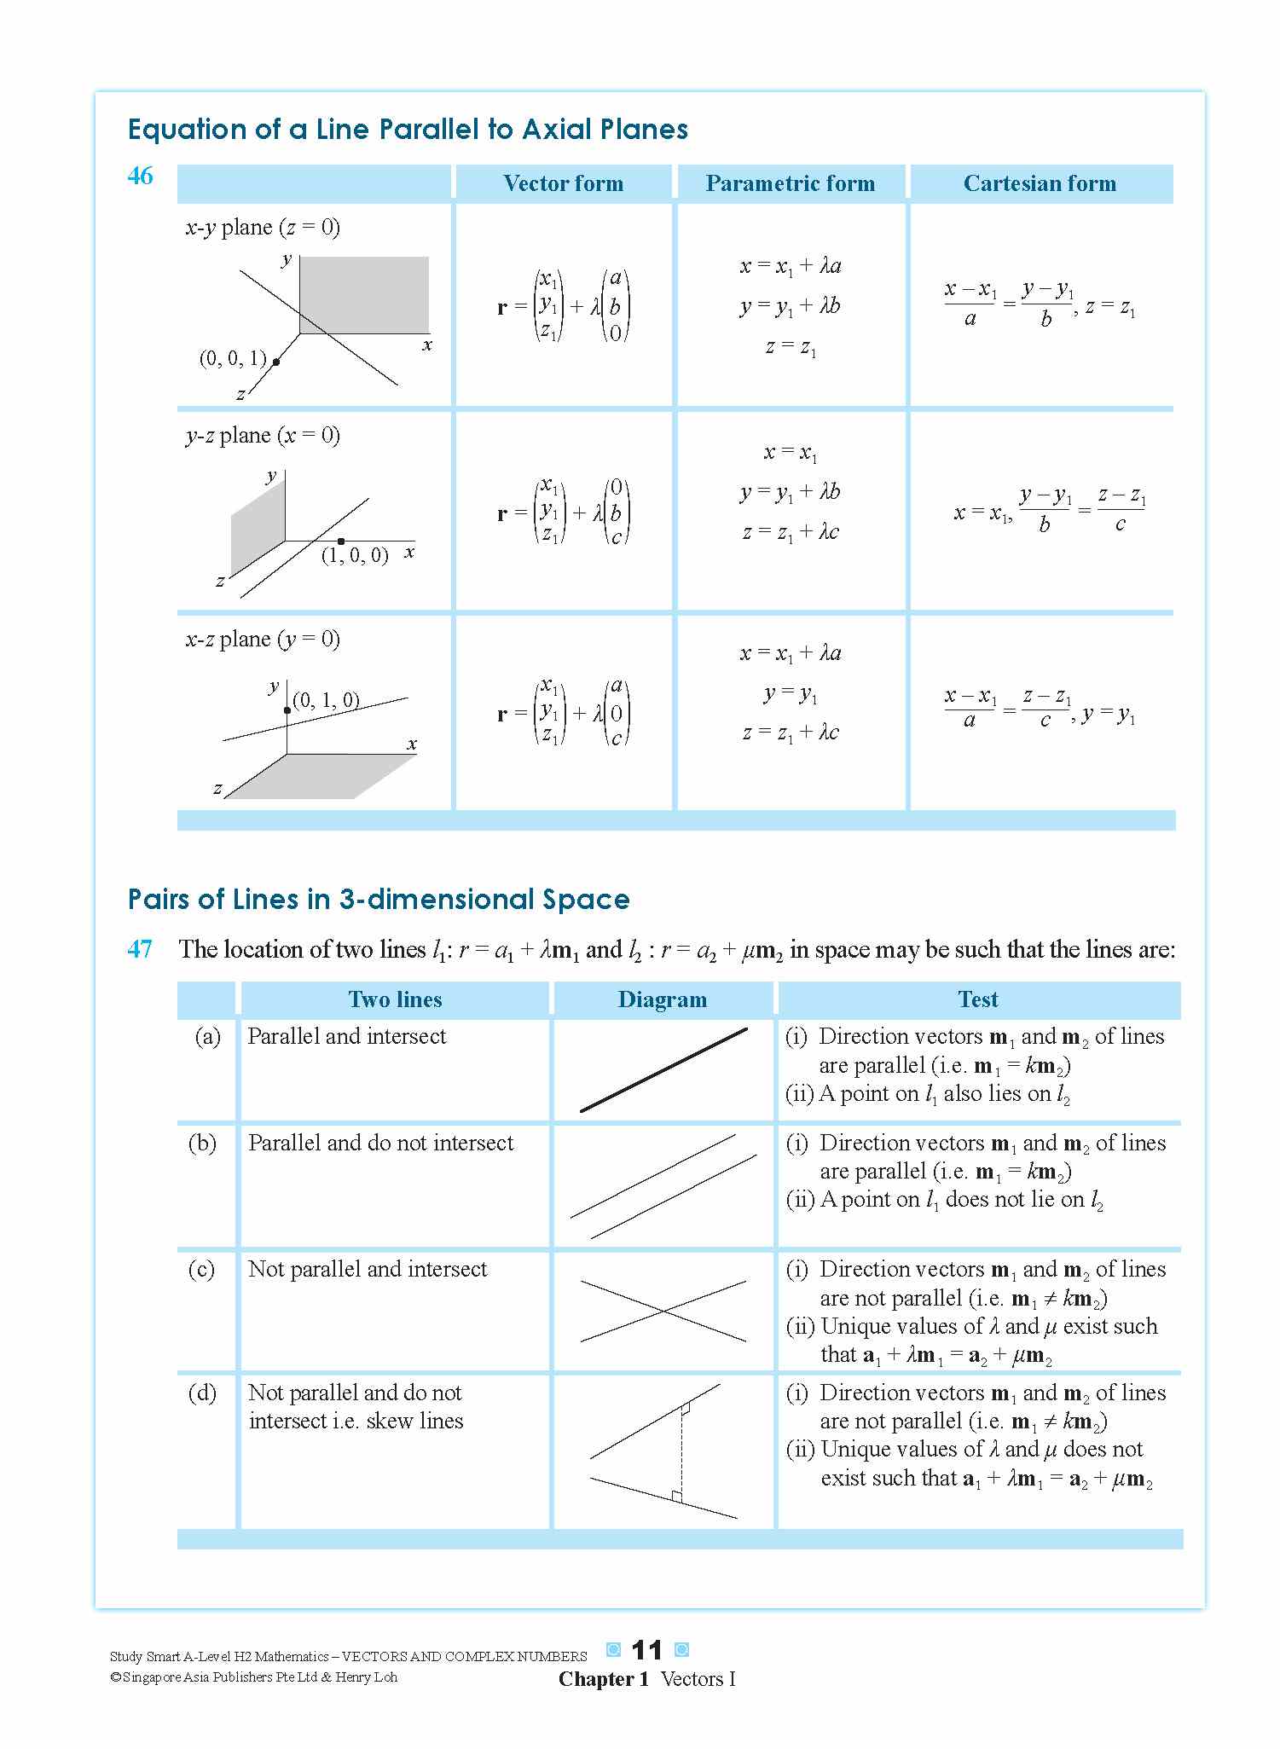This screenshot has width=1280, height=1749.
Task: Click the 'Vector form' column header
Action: click(x=563, y=183)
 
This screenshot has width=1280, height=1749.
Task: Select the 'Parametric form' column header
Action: click(x=790, y=183)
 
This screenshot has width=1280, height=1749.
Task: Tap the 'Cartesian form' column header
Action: click(x=1040, y=183)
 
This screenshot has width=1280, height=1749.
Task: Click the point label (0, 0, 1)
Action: click(x=233, y=358)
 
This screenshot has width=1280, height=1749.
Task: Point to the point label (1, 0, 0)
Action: click(x=355, y=555)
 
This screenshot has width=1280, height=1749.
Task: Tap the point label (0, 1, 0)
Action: click(x=326, y=701)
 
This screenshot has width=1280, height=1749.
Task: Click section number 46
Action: click(x=140, y=176)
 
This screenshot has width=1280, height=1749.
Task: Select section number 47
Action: click(x=140, y=949)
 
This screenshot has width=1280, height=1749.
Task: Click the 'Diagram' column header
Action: click(x=662, y=999)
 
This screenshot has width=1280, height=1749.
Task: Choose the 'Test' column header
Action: click(x=977, y=999)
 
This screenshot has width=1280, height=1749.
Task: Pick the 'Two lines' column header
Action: click(x=395, y=999)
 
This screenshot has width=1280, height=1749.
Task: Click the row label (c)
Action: click(x=201, y=1269)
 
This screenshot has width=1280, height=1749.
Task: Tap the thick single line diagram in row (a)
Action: click(x=663, y=1070)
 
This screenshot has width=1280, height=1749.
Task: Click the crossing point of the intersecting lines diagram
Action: click(x=663, y=1311)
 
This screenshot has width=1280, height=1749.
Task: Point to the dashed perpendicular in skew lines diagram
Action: click(x=681, y=1454)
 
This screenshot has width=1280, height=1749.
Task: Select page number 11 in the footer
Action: click(x=646, y=1651)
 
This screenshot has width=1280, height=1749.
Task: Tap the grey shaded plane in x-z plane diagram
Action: click(x=320, y=776)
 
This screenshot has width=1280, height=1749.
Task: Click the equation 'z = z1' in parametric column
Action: click(x=790, y=348)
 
